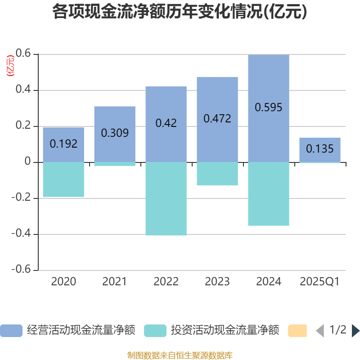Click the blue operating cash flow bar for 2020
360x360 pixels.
[x=63, y=135]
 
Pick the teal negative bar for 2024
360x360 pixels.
[x=269, y=194]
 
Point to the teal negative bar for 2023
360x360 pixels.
[x=217, y=174]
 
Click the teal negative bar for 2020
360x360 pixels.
[x=63, y=180]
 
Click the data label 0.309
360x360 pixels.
[x=115, y=133]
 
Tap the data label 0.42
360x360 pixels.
[x=166, y=123]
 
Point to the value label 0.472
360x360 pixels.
[x=217, y=119]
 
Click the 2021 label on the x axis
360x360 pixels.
[x=115, y=282]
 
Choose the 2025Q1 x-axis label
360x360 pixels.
[x=320, y=282]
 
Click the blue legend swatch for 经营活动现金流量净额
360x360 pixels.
[x=11, y=331]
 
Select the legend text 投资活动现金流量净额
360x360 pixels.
[x=225, y=331]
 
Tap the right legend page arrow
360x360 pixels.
[x=355, y=331]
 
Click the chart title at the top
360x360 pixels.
[x=180, y=12]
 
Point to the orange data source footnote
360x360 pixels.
[x=180, y=355]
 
